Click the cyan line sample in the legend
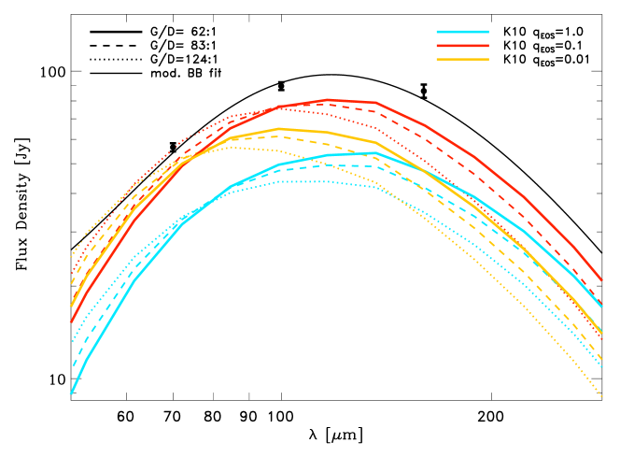tap(462, 32)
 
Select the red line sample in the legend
tap(462, 45)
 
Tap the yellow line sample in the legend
tap(462, 59)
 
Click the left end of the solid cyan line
tap(71, 393)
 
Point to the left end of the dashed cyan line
tap(72, 365)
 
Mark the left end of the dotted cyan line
tap(72, 342)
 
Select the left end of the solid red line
tap(71, 322)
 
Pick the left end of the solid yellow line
tap(71, 306)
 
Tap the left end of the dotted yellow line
tap(72, 255)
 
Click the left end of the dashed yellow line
tap(72, 283)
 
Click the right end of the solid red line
tap(602, 279)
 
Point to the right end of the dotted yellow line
tap(602, 396)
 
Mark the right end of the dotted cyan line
tap(602, 367)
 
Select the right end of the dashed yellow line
tap(602, 360)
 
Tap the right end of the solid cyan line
tap(602, 307)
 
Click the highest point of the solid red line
tap(328, 99)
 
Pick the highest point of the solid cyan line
tap(374, 152)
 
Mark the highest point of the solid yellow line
tap(280, 129)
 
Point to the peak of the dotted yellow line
tap(232, 147)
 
